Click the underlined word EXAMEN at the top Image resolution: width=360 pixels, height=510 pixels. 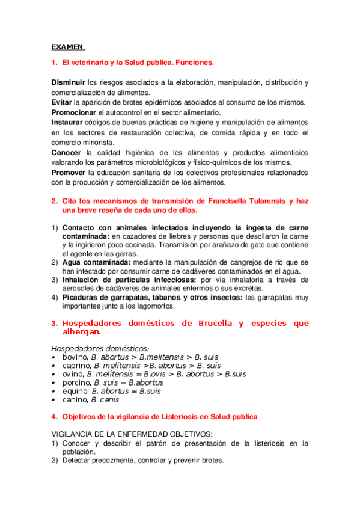67,46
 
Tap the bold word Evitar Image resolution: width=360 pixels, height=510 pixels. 61,103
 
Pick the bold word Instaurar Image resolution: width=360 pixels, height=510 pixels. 67,123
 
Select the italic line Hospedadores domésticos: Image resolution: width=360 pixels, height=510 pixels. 100,348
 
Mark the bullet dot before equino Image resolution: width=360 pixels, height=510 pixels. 54,391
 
